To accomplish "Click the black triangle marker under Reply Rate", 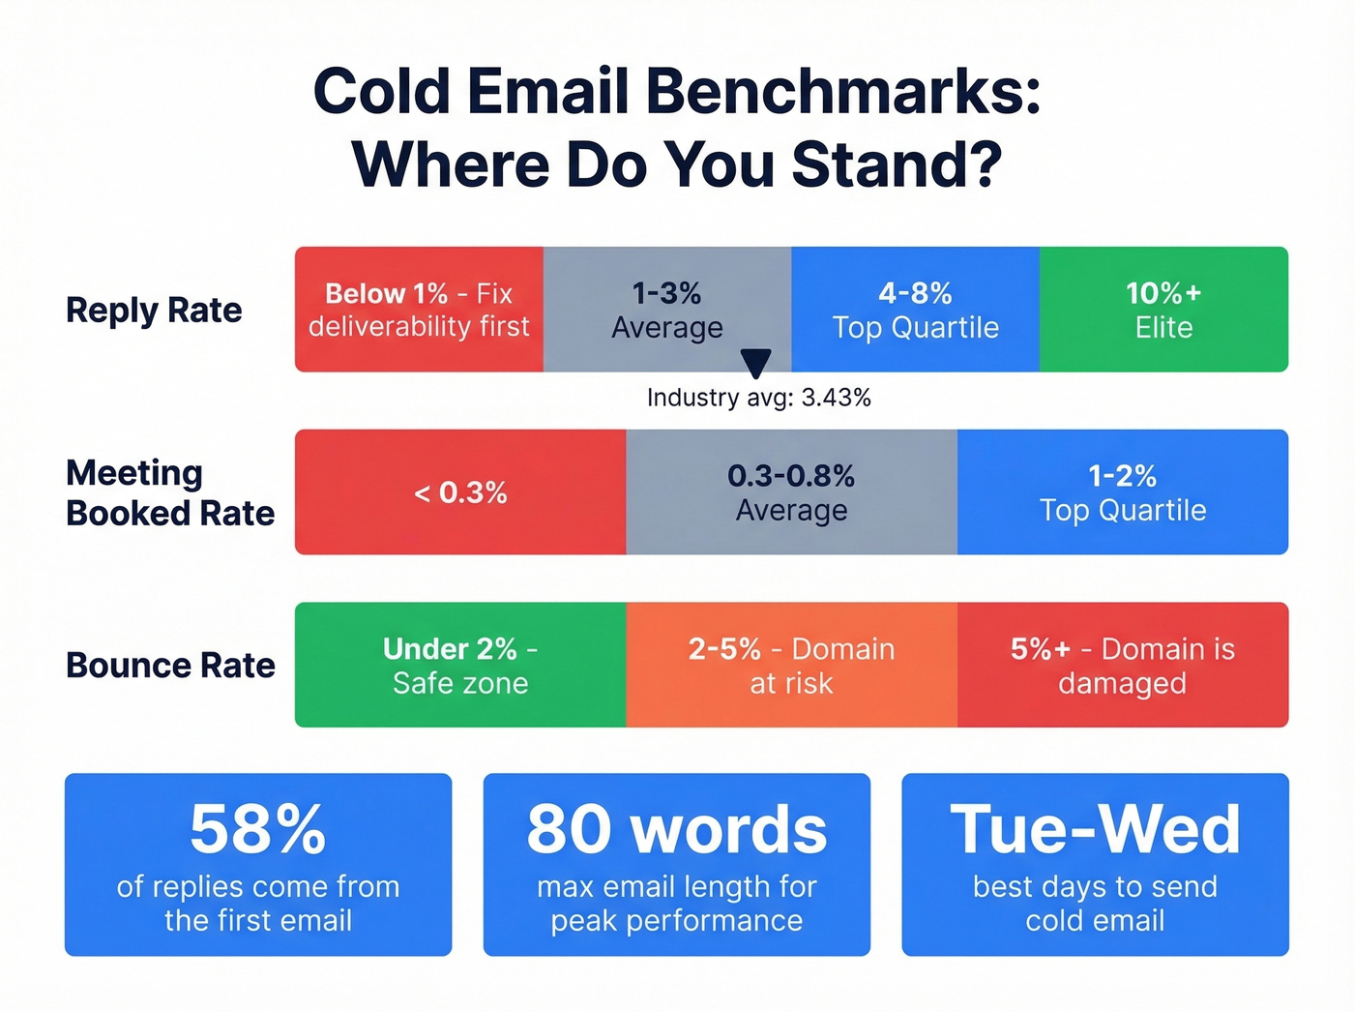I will click(755, 363).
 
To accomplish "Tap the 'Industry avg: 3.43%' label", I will click(759, 398).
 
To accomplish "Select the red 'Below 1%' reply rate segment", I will click(419, 310).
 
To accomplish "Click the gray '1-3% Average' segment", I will click(667, 310).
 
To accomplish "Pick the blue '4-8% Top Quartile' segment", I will click(915, 310).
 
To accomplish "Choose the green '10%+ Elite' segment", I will click(1163, 310).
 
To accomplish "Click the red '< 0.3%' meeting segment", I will click(460, 492).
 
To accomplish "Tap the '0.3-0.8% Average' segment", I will click(791, 492).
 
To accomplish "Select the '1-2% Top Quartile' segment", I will click(1123, 492).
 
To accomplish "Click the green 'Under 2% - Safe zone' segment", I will click(460, 666).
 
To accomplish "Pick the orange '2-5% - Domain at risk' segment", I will click(791, 666).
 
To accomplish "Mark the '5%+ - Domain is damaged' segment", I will click(1123, 666).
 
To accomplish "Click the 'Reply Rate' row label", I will click(154, 311).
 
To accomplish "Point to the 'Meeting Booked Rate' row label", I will click(170, 492).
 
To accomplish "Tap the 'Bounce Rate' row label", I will click(170, 666).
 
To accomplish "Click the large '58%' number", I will click(258, 829).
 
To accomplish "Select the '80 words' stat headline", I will click(677, 829).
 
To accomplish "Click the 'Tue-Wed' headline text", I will click(1095, 829).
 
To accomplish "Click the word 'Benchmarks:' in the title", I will click(842, 92).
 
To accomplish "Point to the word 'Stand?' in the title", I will click(897, 164).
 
